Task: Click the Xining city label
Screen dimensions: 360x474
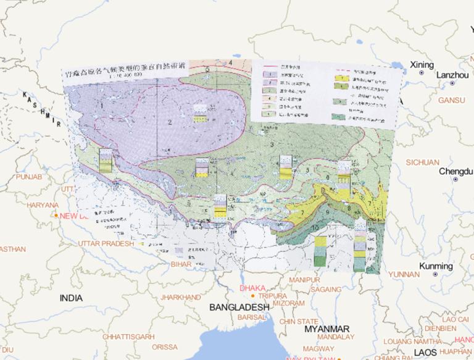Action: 422,65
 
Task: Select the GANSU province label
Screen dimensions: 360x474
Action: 451,100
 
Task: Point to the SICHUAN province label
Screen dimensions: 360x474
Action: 423,162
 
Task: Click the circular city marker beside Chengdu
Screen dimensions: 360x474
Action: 455,180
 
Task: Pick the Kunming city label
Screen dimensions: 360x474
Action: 436,266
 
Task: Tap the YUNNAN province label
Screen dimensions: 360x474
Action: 404,274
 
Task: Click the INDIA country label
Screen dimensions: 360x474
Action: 71,298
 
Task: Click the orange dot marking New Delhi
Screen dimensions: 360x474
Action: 56,216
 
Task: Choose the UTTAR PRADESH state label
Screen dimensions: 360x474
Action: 106,244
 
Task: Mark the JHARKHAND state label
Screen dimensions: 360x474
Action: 180,297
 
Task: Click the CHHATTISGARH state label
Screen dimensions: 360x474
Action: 128,337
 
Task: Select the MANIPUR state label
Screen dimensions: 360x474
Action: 304,280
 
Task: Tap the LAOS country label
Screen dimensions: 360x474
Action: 425,352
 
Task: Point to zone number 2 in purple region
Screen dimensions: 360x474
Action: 168,122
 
